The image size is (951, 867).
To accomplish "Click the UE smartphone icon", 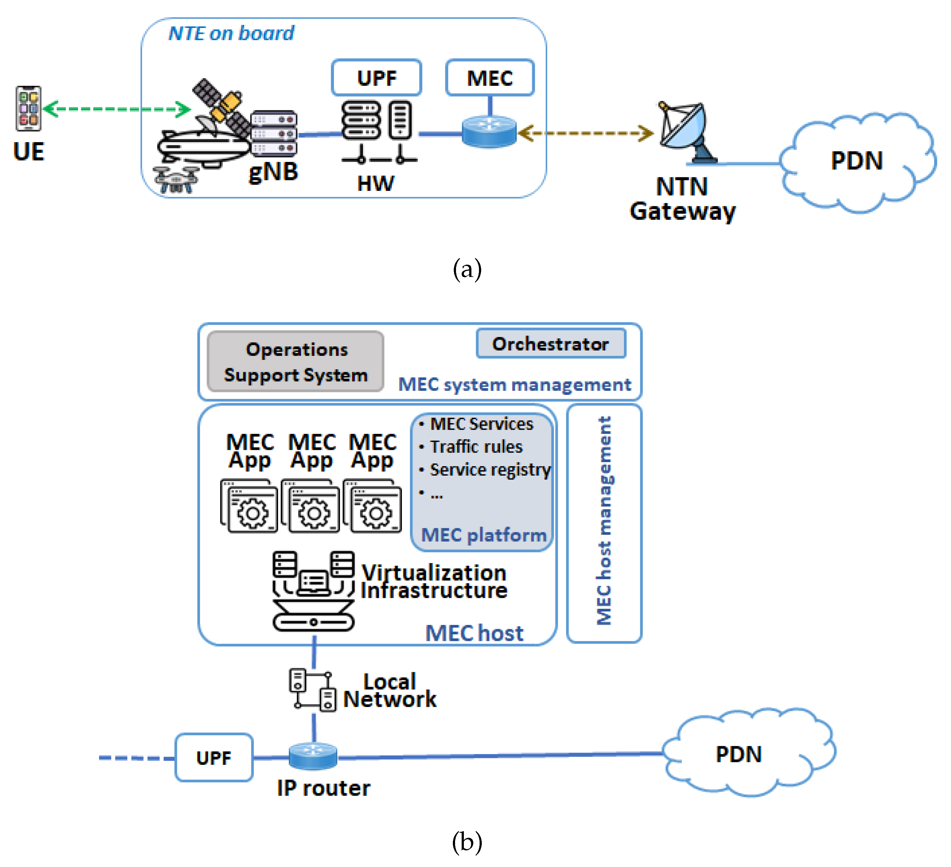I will (28, 108).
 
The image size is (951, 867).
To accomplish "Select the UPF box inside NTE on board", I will (376, 78).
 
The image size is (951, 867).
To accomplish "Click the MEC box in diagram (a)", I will (490, 78).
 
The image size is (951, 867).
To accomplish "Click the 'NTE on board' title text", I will (231, 33).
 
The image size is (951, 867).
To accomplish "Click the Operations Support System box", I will (296, 362).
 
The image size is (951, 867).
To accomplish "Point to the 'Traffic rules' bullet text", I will (476, 446).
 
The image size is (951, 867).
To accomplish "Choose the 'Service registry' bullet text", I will (490, 470).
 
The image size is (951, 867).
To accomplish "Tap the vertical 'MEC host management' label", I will (604, 521).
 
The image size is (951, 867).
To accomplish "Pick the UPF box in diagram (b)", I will (214, 758).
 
